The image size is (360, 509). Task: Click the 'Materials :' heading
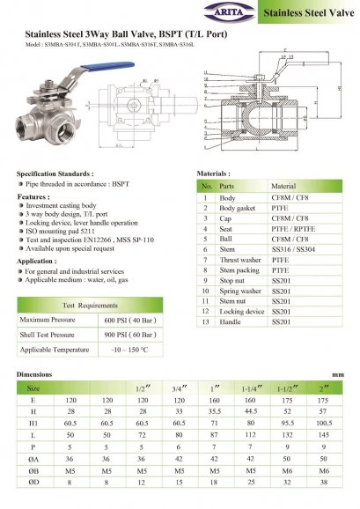click(213, 174)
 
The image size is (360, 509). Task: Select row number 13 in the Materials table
click(206, 322)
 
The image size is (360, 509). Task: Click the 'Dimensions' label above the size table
click(35, 374)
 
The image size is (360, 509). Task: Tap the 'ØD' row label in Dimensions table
click(33, 483)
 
